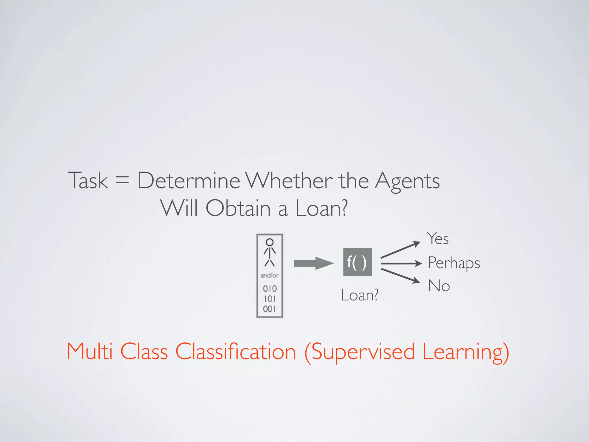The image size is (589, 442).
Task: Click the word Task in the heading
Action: point(88,181)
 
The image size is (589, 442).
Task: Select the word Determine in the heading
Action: point(189,181)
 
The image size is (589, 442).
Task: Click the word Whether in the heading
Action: point(289,181)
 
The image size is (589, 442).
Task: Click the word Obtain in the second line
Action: point(238,208)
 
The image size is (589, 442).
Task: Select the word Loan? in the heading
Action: point(322,208)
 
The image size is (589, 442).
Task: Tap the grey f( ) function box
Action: point(357,262)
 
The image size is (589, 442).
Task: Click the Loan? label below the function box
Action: point(359,295)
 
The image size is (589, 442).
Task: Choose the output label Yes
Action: point(438,239)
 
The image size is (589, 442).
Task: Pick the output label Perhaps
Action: point(454,263)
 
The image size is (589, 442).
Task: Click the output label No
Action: point(439,286)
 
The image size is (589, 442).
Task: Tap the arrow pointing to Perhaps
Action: point(401,263)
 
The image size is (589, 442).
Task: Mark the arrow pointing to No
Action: point(400,276)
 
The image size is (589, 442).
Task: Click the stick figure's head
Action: point(269,242)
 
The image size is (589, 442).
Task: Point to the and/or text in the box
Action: point(269,275)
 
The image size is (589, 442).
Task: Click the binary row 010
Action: point(269,289)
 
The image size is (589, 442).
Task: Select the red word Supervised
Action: point(363,352)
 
